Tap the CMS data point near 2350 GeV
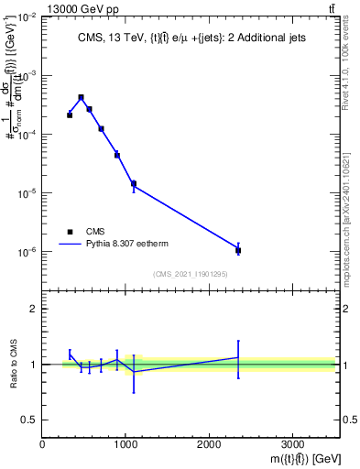(238, 250)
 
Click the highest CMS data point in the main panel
(81, 97)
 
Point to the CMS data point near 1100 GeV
(134, 184)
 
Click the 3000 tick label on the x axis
(292, 444)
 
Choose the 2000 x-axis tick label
(209, 444)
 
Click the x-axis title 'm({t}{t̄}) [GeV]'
(293, 459)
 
